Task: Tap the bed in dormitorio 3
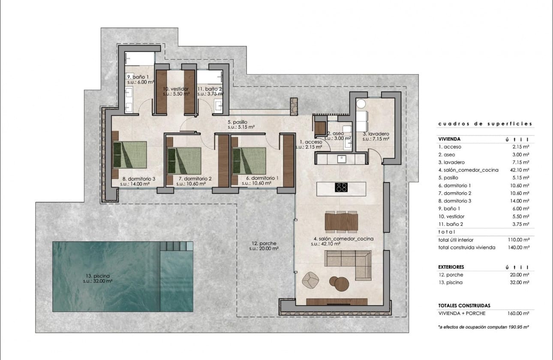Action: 129,155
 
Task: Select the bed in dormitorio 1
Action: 249,160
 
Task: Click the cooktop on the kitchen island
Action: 341,187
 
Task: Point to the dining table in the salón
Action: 342,222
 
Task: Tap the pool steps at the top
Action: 176,246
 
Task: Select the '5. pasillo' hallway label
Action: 237,122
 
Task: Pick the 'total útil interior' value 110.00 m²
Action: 520,240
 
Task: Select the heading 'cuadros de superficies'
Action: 485,124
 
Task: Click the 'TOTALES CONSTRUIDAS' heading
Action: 464,306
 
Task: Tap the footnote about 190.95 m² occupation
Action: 483,327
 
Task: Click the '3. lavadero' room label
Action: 376,134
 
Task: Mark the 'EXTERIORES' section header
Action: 451,267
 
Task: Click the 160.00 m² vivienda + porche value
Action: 520,313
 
